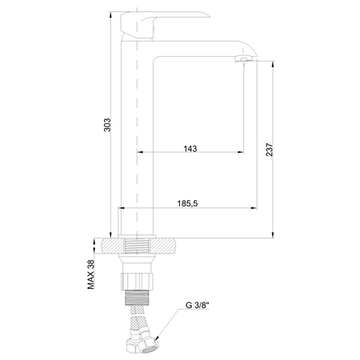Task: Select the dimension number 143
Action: click(190, 147)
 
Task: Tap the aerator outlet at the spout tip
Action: click(242, 60)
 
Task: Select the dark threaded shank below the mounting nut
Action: click(137, 300)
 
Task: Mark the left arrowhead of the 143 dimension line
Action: click(142, 152)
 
